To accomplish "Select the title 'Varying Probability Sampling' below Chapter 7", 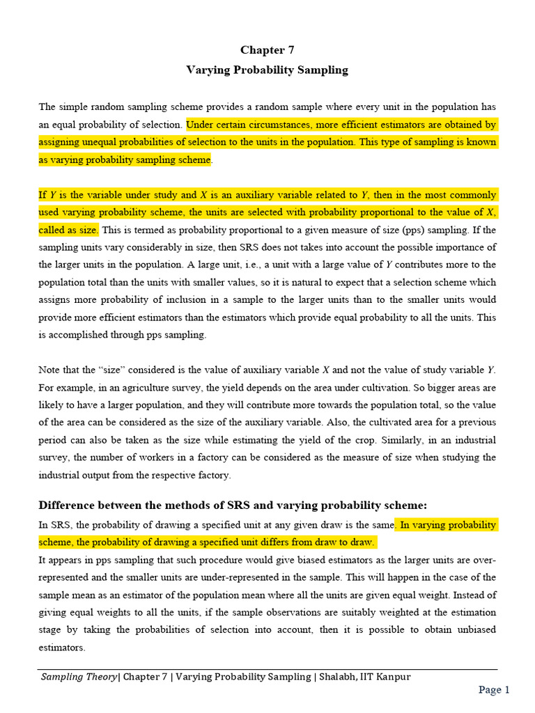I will point(267,70).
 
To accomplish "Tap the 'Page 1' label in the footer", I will point(494,690).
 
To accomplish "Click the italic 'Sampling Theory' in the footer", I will point(78,677).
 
